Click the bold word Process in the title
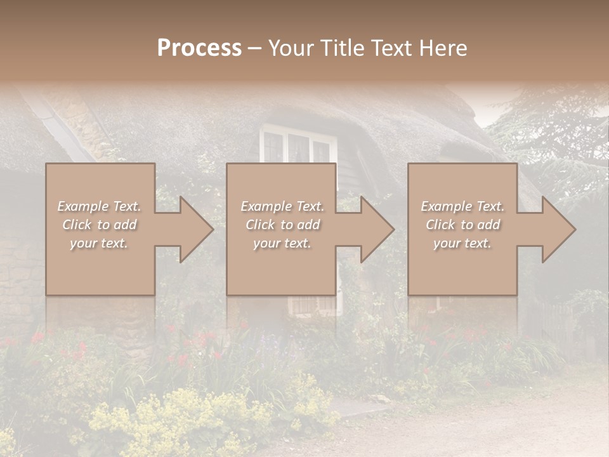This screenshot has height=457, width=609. point(199,48)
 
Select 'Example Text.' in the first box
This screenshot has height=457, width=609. point(99,206)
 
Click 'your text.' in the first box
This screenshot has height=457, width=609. point(99,243)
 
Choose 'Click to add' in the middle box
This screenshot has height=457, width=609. point(282,225)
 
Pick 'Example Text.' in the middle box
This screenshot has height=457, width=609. point(282,206)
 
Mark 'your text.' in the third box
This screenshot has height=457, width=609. point(462,243)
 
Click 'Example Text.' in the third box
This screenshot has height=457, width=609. point(462,206)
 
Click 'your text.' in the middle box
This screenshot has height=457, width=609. point(282,243)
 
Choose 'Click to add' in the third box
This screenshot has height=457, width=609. point(462,225)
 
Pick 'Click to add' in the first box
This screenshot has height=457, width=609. point(99,225)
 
